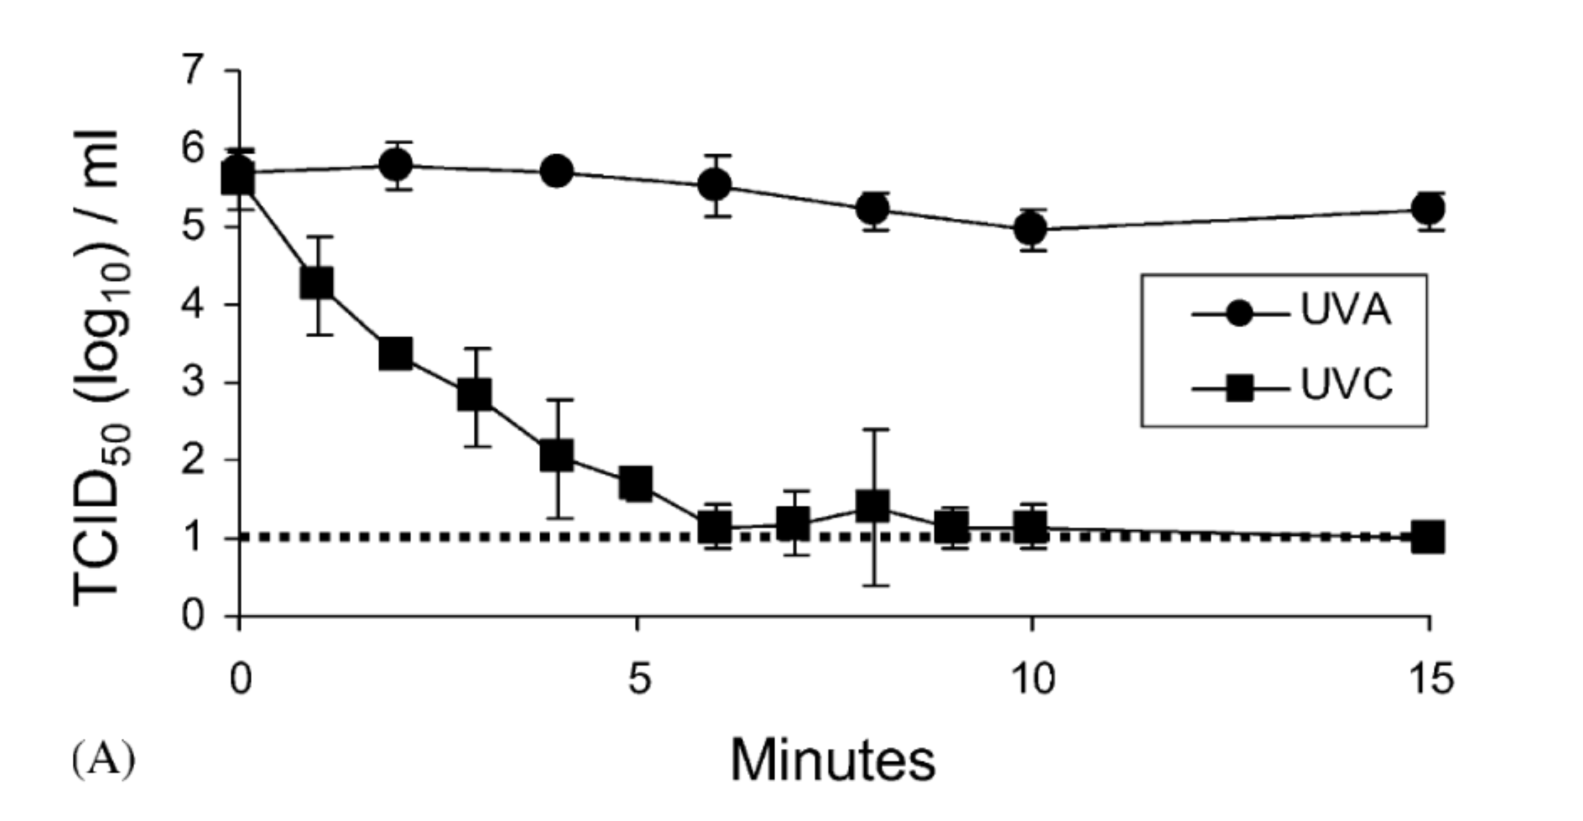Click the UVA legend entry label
1345,310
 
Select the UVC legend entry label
1346,386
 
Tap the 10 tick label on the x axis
1032,680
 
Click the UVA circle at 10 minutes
1031,230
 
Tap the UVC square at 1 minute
317,284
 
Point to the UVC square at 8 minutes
872,505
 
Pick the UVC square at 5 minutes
636,483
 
